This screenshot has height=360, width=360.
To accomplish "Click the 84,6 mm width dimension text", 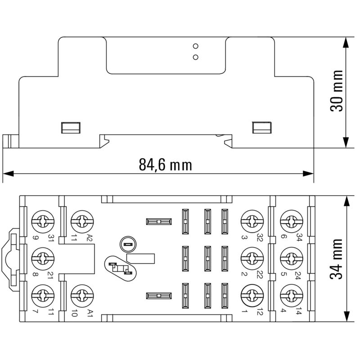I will coord(165,165).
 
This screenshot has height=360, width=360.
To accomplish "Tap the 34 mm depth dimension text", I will coord(337,259).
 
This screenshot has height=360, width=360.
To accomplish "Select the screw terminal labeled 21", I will coord(44,258).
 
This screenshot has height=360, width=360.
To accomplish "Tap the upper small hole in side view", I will coord(195,46).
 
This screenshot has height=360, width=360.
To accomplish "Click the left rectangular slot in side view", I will coord(71,127).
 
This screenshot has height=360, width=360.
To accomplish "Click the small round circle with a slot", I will coord(126,245).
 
